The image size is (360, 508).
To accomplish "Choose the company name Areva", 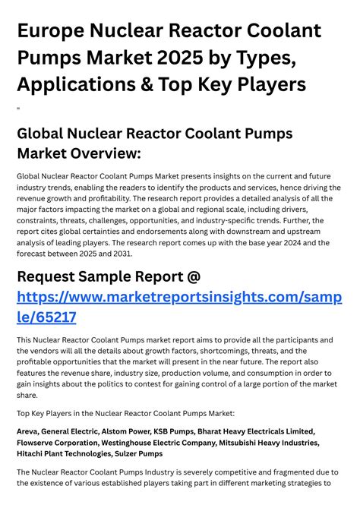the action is tap(29, 431).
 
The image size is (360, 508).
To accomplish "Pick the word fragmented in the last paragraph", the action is tap(264, 472).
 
